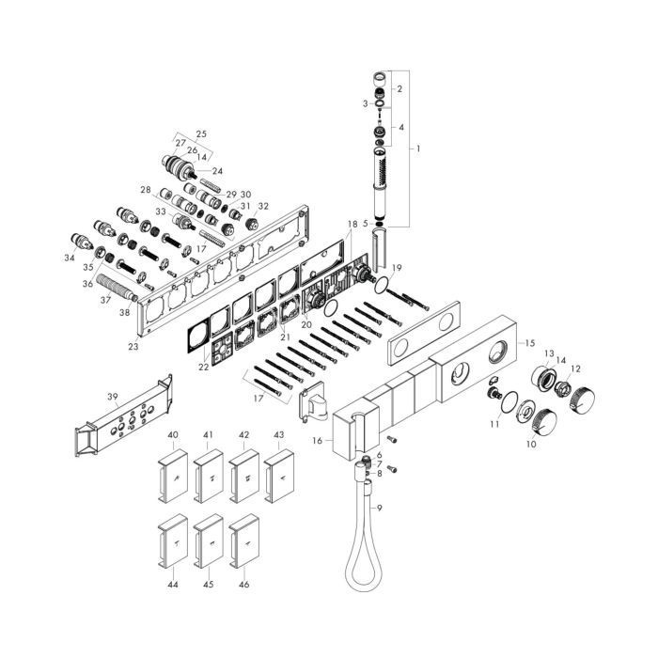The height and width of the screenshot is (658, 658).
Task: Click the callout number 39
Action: point(113,397)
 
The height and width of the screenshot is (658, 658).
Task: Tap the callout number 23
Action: point(133,347)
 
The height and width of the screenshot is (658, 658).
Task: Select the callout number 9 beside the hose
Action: point(380,508)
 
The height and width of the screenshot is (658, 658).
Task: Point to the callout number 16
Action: point(318,440)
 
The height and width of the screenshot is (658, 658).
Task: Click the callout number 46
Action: point(243,584)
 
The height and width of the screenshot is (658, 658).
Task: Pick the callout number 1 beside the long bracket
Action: point(417,149)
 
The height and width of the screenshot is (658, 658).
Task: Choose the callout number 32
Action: point(263,207)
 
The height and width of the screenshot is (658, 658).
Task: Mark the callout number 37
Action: point(105,300)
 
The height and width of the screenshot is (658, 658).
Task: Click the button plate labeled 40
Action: point(172,476)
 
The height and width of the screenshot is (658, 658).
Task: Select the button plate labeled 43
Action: point(278,476)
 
